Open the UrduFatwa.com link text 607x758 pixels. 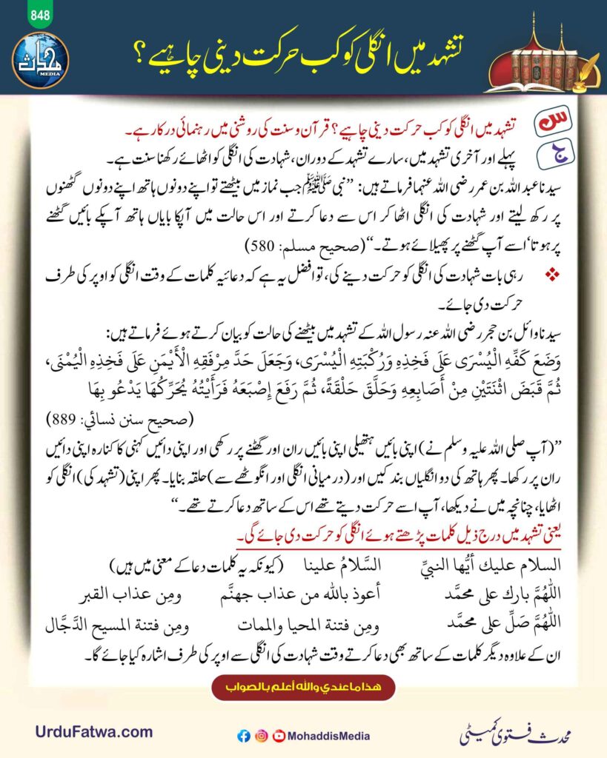93,732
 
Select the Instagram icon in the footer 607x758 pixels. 261,736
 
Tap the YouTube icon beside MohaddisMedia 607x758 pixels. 279,736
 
